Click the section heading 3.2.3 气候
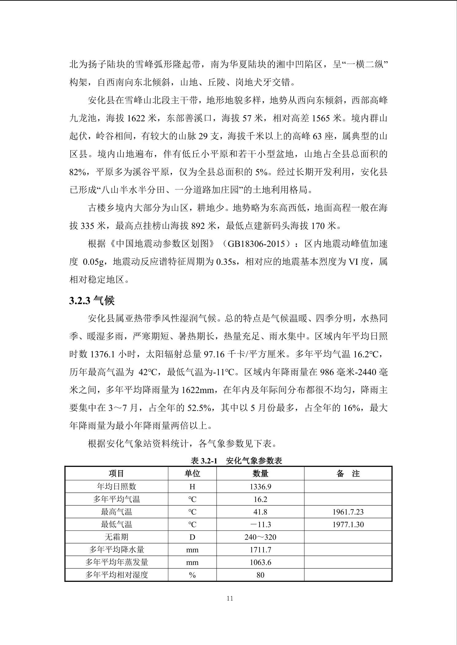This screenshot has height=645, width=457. click(x=92, y=301)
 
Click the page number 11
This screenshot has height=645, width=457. click(x=230, y=598)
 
